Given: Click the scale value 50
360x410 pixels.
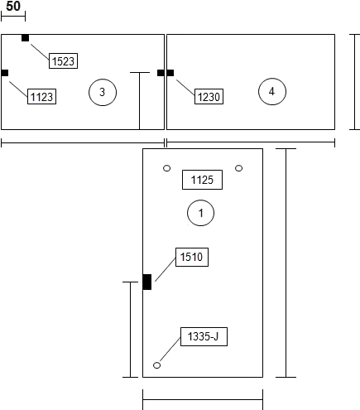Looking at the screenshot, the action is (13, 6).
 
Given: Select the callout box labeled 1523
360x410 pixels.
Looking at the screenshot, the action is (63, 60).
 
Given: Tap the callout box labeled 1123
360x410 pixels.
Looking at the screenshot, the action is (41, 96).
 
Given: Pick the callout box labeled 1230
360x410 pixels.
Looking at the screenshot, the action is (209, 96).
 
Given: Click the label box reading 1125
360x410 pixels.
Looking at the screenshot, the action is (202, 180).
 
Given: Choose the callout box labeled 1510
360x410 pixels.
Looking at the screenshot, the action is (192, 257).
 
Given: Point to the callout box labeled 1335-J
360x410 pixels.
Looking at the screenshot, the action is (204, 336).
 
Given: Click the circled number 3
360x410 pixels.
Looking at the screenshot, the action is (103, 92).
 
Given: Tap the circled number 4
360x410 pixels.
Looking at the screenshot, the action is (272, 91).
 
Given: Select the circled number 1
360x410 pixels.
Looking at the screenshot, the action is (200, 213).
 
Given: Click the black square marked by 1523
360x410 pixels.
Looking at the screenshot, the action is (25, 38).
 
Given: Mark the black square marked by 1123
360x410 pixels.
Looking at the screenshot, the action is (5, 73).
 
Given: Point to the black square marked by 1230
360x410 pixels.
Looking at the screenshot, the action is (170, 73).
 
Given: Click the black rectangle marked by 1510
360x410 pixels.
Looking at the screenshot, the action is (147, 282).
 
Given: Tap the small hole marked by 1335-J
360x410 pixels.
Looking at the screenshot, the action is (156, 365).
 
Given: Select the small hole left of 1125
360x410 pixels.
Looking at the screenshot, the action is (166, 168).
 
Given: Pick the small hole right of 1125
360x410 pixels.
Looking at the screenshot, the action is (239, 168).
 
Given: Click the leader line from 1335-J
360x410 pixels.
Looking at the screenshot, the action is (170, 349).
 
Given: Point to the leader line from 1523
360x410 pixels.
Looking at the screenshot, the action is (40, 51).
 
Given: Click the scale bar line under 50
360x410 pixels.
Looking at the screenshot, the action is (13, 17).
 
